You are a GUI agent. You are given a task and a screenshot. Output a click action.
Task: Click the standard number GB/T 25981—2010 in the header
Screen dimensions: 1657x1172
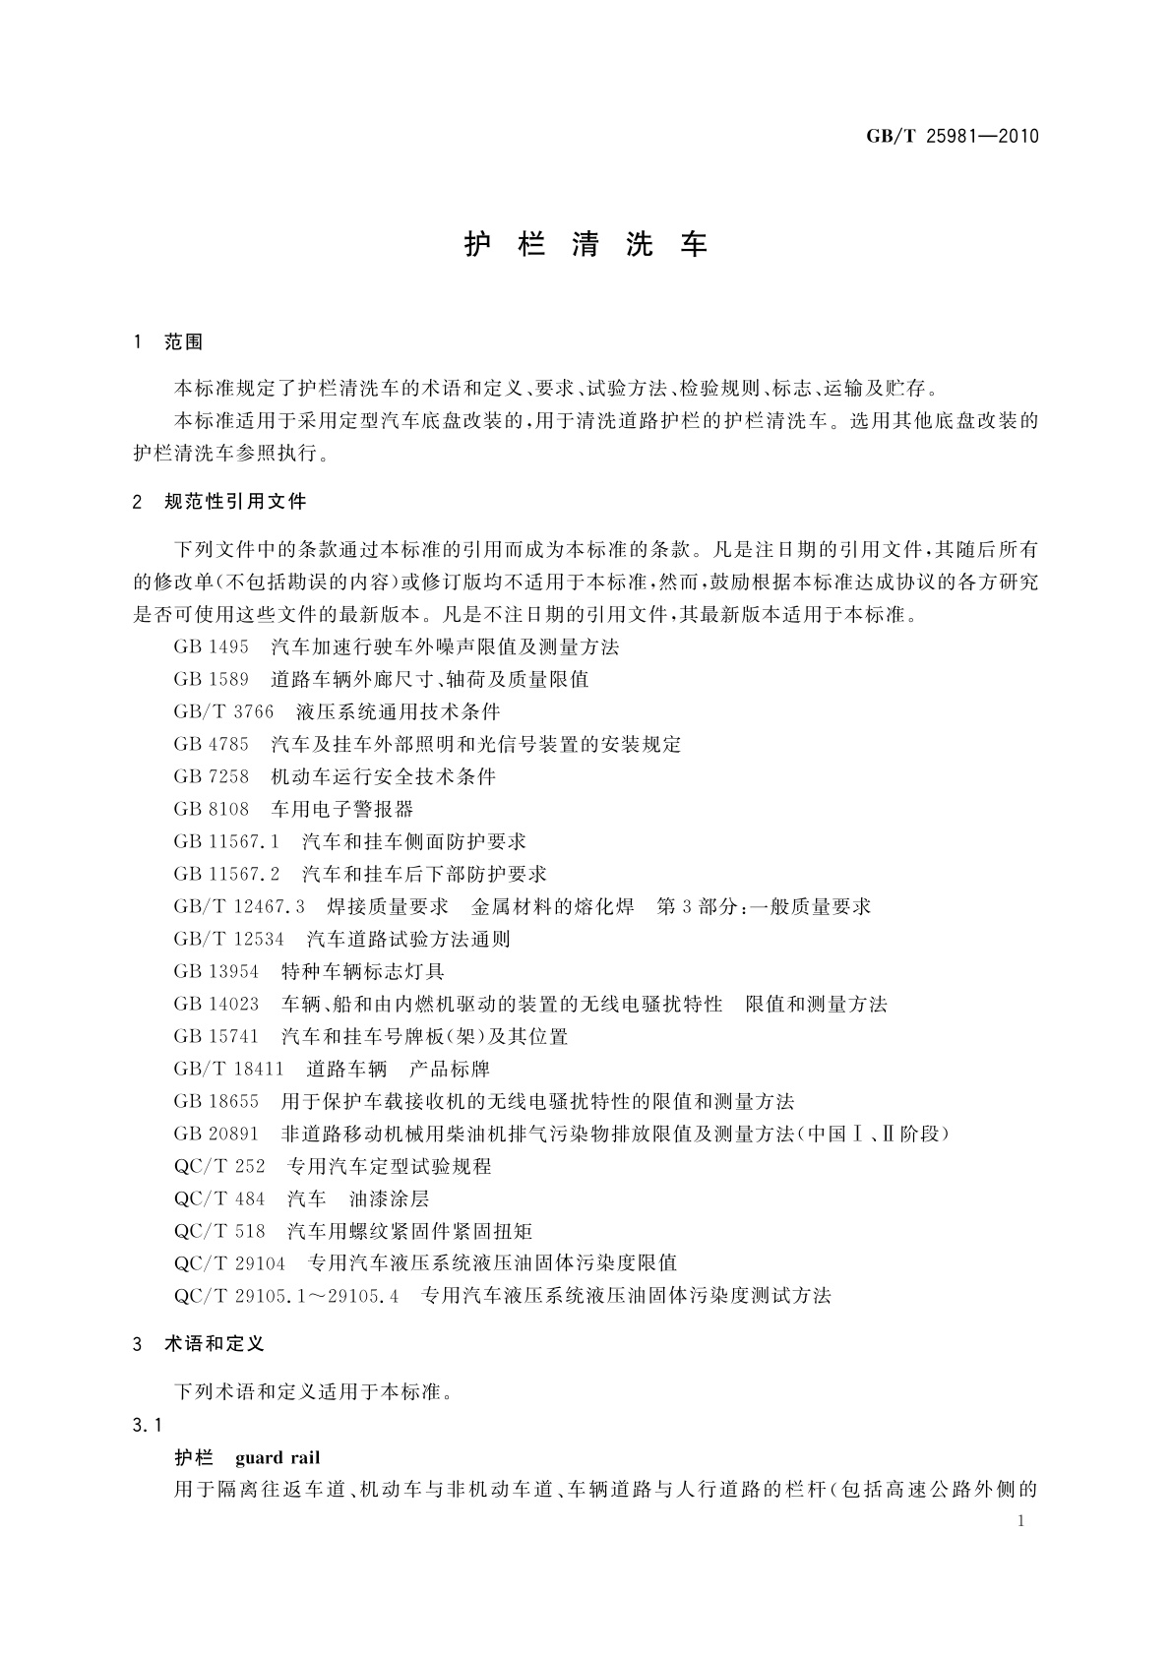(952, 136)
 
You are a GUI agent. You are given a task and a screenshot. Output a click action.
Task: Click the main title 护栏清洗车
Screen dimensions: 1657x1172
(586, 245)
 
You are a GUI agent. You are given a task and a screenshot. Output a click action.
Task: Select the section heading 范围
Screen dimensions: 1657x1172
(184, 341)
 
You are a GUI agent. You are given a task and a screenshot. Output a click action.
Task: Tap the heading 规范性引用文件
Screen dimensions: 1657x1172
(236, 502)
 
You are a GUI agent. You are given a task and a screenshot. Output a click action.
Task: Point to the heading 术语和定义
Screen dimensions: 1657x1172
(215, 1343)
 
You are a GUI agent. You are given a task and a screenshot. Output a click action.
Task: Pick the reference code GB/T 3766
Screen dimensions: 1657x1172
(223, 711)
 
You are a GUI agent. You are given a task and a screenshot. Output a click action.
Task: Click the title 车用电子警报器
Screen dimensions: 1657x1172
(342, 809)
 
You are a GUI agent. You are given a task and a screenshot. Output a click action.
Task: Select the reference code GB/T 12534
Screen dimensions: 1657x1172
(228, 939)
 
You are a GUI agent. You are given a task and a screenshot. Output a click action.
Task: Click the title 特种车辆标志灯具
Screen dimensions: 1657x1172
(363, 971)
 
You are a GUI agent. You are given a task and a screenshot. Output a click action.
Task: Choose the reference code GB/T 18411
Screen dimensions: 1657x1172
(228, 1069)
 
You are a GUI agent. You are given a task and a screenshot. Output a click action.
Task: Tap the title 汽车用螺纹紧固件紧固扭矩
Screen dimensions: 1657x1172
(410, 1231)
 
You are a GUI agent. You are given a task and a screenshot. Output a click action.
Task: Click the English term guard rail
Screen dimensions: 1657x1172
(278, 1457)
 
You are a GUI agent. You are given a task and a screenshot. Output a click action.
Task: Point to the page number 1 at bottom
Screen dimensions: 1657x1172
(1020, 1521)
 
